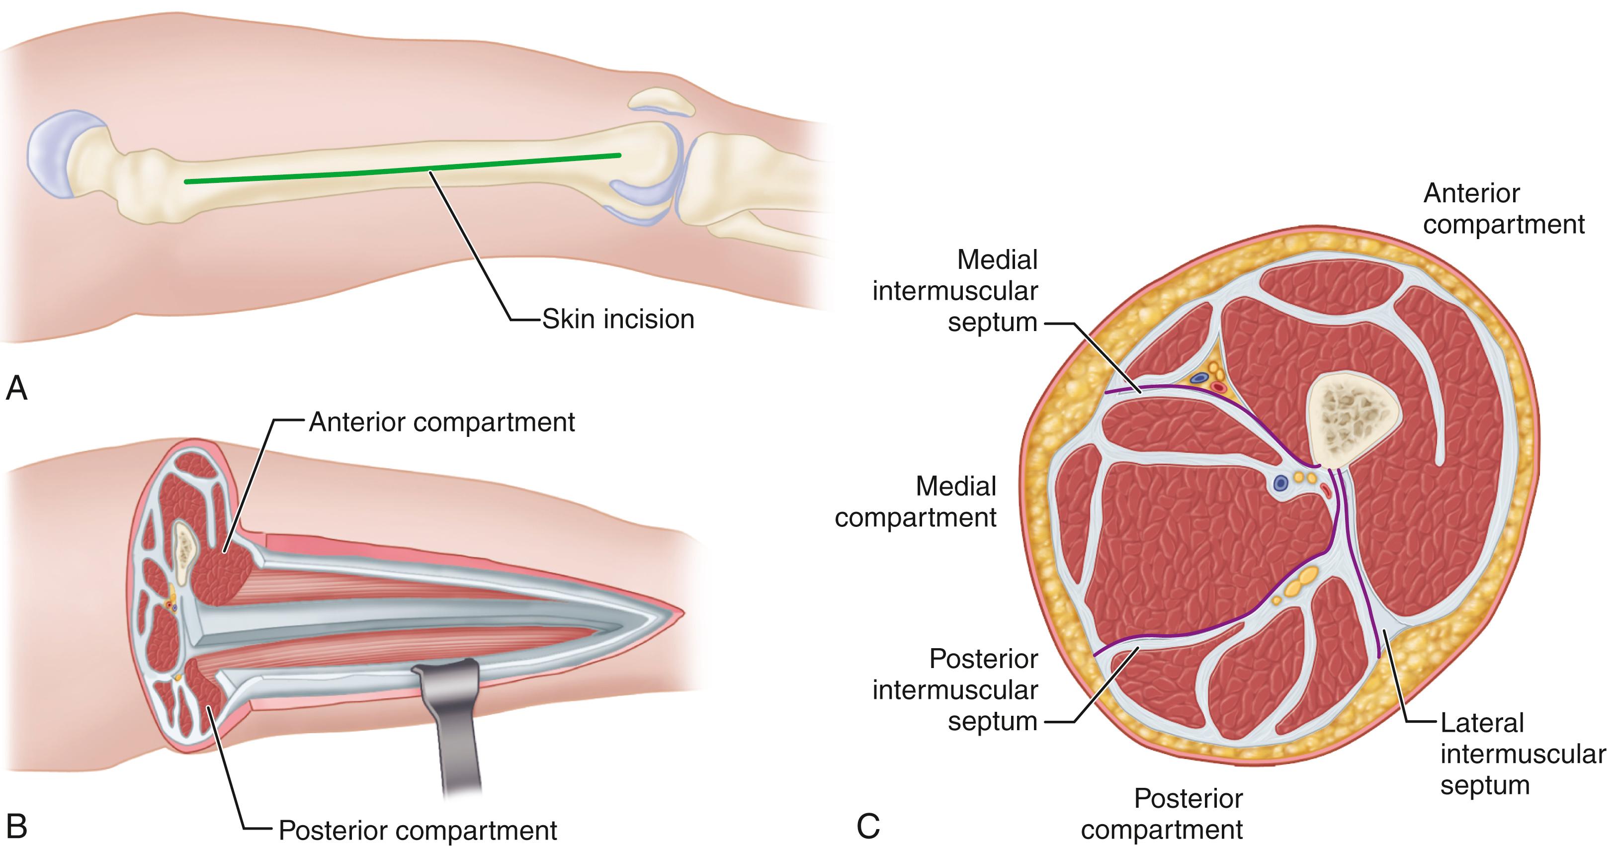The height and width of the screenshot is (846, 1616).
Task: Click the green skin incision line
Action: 402,169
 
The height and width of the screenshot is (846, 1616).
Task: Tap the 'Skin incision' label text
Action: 617,319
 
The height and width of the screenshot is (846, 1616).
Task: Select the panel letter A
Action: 16,389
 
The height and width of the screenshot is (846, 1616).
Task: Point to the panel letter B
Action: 16,826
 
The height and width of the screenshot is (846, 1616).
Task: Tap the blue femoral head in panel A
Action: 53,154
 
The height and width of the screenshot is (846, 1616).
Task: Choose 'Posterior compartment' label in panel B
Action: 417,830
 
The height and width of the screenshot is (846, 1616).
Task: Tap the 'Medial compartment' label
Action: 916,502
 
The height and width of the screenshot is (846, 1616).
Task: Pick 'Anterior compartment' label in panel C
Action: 1503,209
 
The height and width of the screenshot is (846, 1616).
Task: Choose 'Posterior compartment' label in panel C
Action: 1162,814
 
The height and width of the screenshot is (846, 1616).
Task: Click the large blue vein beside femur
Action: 1280,483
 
